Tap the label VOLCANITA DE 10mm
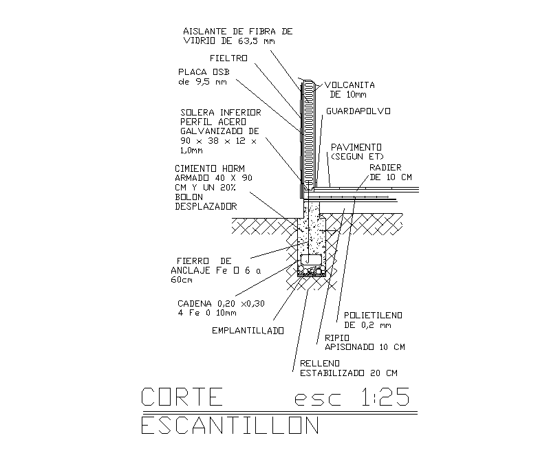point(349,89)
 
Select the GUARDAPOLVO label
point(358,110)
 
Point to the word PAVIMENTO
point(356,147)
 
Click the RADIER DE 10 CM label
point(390,172)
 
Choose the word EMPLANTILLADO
point(248,331)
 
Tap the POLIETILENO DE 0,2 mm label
point(373,320)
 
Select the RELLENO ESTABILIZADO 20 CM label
point(348,368)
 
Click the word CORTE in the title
point(182,397)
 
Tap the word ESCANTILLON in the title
point(230,426)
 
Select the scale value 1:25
point(381,397)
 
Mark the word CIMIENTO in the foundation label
point(197,168)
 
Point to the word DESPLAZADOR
point(206,206)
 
